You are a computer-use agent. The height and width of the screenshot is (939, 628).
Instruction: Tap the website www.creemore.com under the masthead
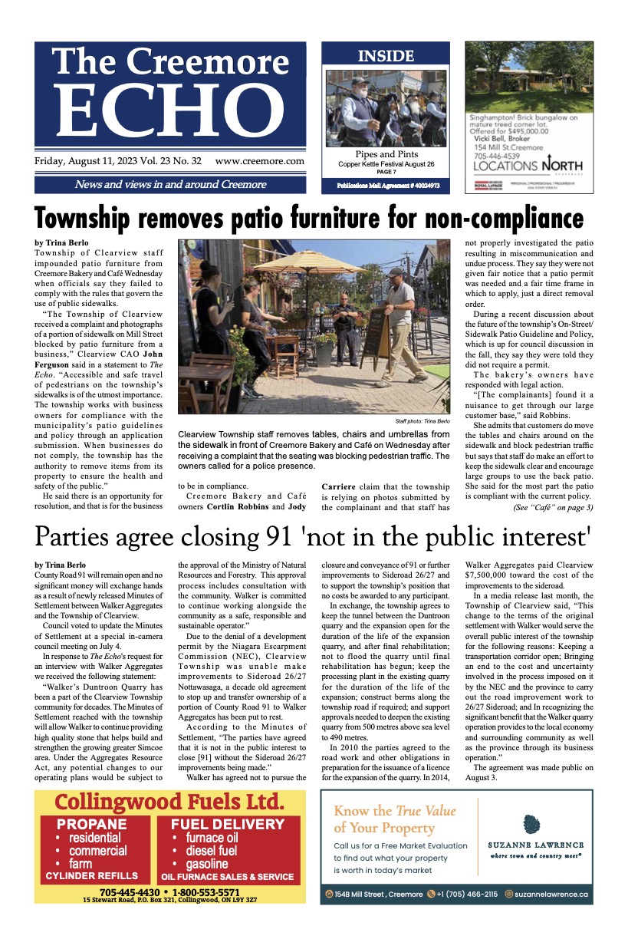(x=260, y=162)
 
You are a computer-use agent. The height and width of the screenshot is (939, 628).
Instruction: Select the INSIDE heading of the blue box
(x=386, y=56)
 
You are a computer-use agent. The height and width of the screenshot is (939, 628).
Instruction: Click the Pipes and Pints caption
(x=386, y=154)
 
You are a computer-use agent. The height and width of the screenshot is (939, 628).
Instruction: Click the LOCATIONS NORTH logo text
(x=528, y=165)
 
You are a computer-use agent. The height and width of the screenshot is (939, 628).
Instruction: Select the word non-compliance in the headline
(x=479, y=218)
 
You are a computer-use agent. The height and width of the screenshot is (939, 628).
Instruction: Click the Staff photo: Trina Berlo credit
(x=423, y=422)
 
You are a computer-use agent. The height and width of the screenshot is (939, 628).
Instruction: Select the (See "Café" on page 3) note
(x=553, y=507)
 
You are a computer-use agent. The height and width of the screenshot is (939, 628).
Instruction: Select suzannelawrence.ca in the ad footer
(x=551, y=895)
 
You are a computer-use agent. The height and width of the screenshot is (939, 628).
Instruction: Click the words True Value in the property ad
(x=426, y=811)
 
